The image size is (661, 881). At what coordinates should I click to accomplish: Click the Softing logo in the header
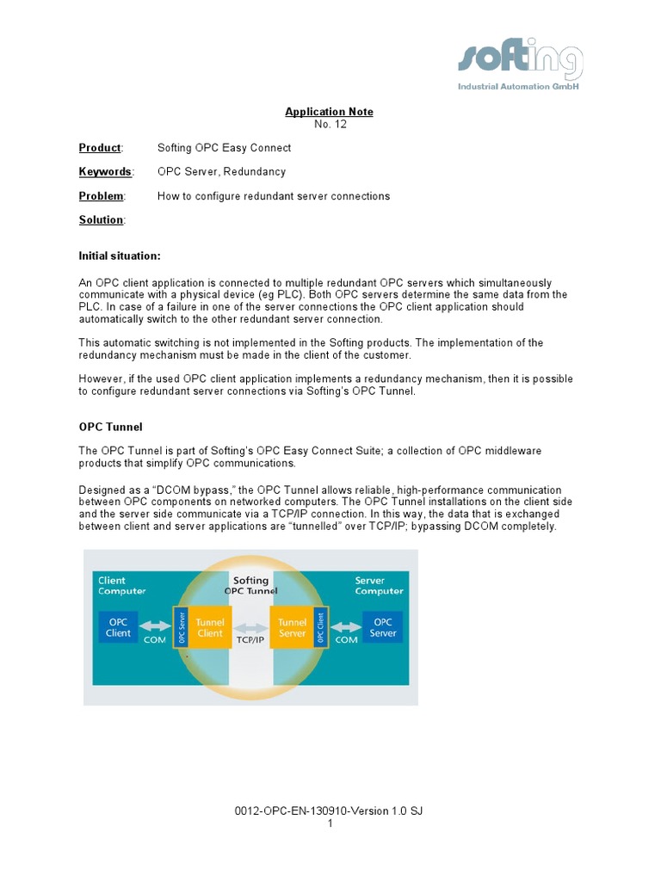click(521, 65)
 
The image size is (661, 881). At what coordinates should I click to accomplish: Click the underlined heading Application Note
click(329, 112)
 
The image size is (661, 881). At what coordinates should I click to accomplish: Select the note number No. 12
click(329, 124)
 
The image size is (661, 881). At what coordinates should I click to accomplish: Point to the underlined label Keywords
click(105, 172)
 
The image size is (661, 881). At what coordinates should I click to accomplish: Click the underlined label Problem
click(102, 196)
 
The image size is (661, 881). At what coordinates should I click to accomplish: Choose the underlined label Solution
click(102, 220)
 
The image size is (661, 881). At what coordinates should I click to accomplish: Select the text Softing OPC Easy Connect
click(224, 148)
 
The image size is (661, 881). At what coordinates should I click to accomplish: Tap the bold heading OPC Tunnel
click(110, 426)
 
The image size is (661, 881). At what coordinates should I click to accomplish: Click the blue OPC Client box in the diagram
click(118, 627)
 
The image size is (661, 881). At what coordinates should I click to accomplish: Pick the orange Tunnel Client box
click(209, 627)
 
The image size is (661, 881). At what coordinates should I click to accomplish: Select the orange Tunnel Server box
click(293, 627)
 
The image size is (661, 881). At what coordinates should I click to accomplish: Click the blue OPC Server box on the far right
click(383, 627)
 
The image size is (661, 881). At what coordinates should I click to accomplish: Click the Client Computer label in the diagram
click(121, 586)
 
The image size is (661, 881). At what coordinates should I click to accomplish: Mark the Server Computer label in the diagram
click(379, 586)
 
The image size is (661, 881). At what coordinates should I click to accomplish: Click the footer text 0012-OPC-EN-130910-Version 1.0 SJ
click(330, 811)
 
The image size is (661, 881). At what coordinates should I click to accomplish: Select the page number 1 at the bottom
click(330, 823)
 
